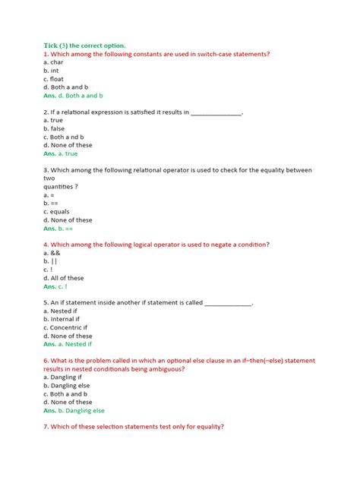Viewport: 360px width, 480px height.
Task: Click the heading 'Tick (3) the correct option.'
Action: tap(84, 45)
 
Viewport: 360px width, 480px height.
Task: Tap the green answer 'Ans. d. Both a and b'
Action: tap(73, 96)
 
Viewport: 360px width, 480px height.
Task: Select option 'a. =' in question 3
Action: tap(51, 196)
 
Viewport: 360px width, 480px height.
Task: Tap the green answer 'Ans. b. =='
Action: tap(58, 229)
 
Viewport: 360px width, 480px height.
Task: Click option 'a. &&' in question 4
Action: tap(52, 253)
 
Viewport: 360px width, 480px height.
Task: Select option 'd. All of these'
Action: tap(64, 278)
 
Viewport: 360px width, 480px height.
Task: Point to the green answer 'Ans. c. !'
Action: tap(55, 286)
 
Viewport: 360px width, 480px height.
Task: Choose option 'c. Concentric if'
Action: tap(68, 327)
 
